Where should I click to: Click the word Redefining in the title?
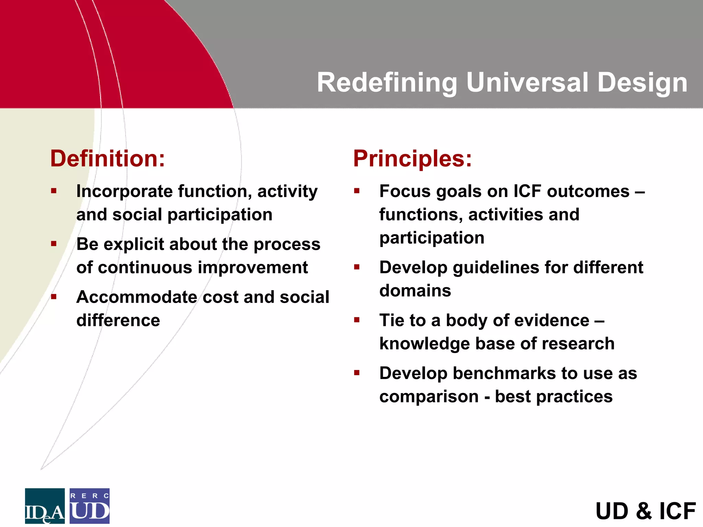point(387,83)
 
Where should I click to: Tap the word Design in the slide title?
point(642,83)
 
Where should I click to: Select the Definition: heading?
point(107,159)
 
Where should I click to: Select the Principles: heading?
point(412,159)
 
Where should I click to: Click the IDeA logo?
point(45,506)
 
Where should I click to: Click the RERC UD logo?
point(90,506)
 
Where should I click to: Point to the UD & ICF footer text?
point(645,511)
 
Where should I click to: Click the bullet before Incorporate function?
point(54,191)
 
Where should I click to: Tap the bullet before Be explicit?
point(54,244)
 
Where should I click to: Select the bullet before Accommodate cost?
point(54,297)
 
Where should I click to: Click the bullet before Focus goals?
point(357,191)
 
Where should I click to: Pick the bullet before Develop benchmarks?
point(357,373)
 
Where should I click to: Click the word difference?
point(118,321)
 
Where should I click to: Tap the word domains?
point(415,291)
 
